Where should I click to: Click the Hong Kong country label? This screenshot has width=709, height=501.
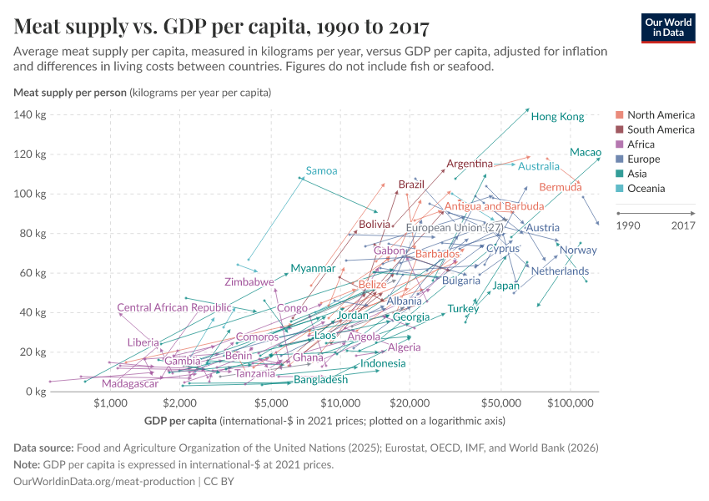[x=557, y=117]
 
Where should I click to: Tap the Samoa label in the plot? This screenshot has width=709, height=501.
[x=321, y=171]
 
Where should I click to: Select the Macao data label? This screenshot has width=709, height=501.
[x=585, y=152]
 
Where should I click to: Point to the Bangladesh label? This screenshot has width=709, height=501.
[x=320, y=380]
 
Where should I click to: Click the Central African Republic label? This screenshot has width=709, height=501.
[x=173, y=308]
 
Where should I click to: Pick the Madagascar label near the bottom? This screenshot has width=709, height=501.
[x=130, y=384]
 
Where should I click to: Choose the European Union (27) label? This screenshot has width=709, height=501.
[x=454, y=228]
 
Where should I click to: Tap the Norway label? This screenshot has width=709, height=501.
[x=578, y=250]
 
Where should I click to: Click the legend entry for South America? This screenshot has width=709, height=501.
[x=661, y=129]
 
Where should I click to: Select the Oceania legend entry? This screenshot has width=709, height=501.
[x=647, y=189]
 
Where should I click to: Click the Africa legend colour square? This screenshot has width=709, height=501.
[x=619, y=144]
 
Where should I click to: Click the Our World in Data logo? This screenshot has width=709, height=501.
[x=668, y=27]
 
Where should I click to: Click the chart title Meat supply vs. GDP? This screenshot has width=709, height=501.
[x=222, y=27]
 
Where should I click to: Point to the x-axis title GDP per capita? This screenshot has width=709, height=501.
[x=180, y=420]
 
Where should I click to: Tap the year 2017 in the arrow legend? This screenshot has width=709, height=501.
[x=683, y=225]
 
